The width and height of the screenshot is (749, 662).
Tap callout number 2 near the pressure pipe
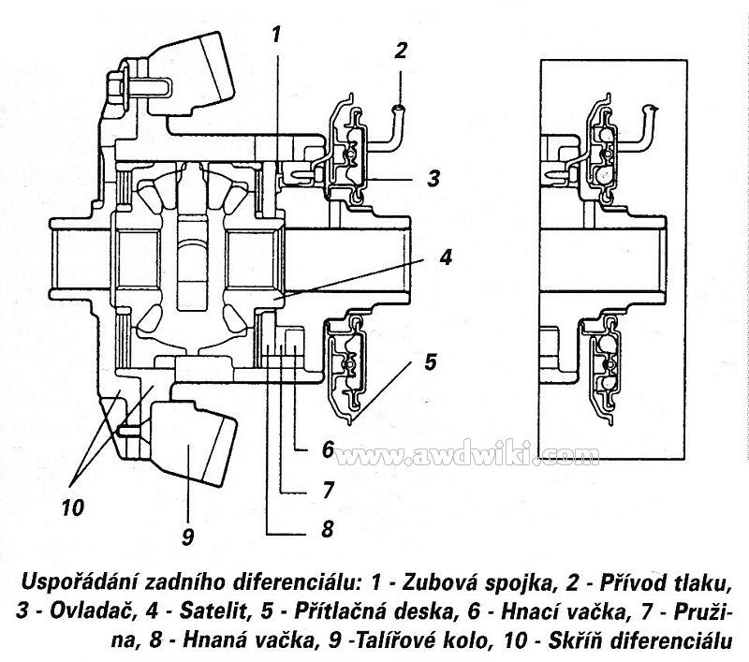pyautogui.click(x=401, y=51)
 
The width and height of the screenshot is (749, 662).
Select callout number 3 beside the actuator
pyautogui.click(x=433, y=178)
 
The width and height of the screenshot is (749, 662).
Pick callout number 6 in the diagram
pyautogui.click(x=328, y=449)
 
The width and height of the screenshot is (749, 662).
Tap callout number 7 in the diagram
pyautogui.click(x=328, y=489)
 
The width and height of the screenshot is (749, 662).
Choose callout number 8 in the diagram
pyautogui.click(x=326, y=529)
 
